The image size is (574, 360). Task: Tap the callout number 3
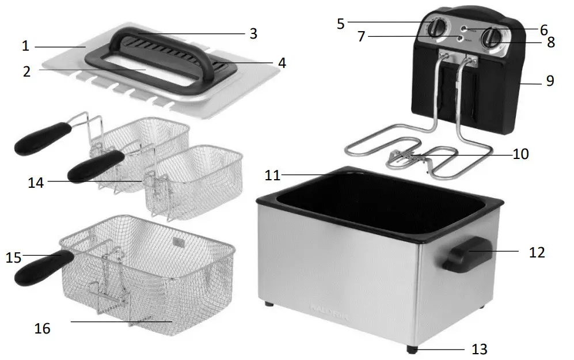pyautogui.click(x=253, y=33)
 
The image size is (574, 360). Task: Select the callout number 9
pyautogui.click(x=550, y=81)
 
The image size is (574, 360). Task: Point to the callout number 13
pyautogui.click(x=479, y=349)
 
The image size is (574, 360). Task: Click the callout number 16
pyautogui.click(x=42, y=328)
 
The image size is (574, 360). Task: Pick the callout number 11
pyautogui.click(x=272, y=175)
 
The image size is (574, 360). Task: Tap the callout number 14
pyautogui.click(x=36, y=183)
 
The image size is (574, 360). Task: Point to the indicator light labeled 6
pyautogui.click(x=464, y=27)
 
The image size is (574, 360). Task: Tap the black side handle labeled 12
pyautogui.click(x=466, y=254)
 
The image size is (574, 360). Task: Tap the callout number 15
pyautogui.click(x=13, y=256)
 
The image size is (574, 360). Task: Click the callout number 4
pyautogui.click(x=282, y=62)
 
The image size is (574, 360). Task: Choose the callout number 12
pyautogui.click(x=537, y=252)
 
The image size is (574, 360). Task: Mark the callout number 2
pyautogui.click(x=26, y=71)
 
